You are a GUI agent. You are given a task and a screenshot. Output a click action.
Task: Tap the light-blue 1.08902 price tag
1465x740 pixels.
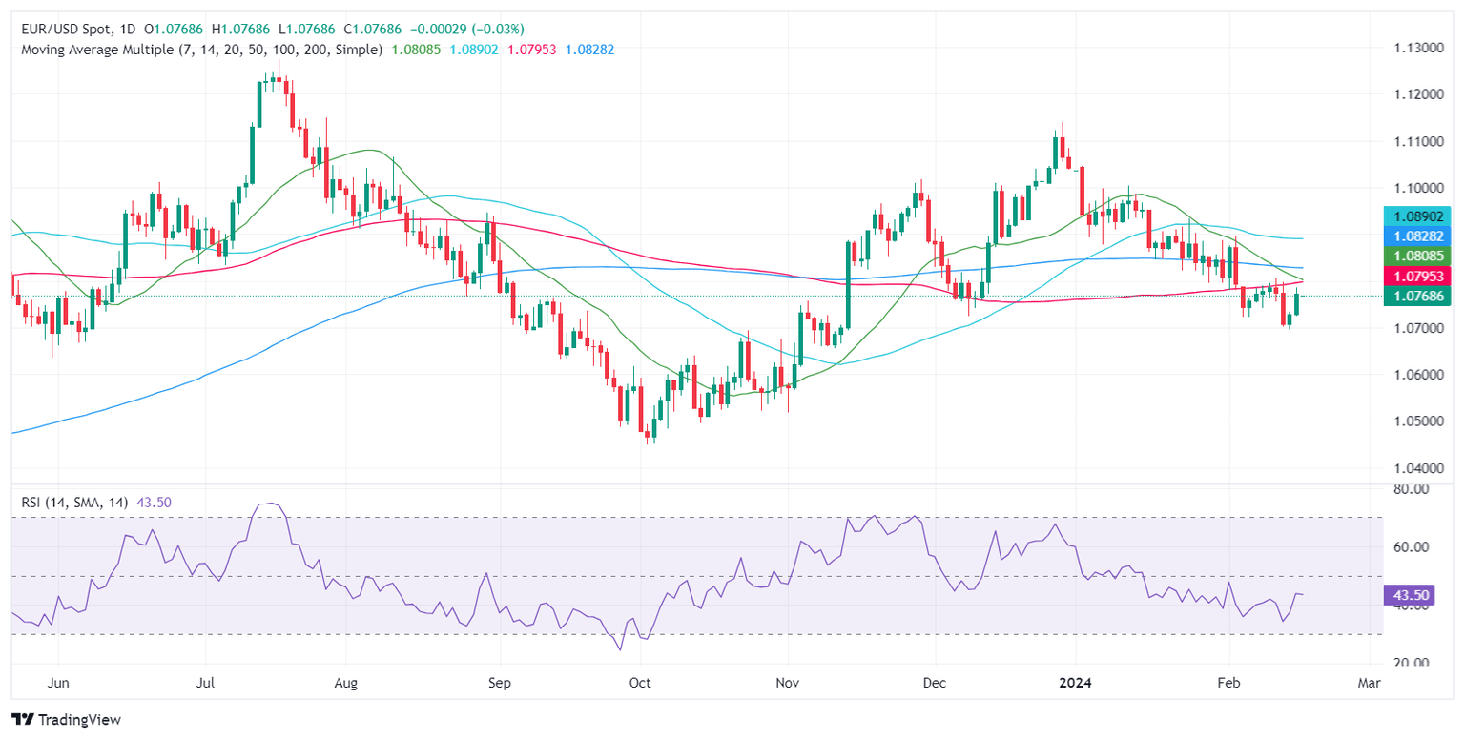pyautogui.click(x=1420, y=216)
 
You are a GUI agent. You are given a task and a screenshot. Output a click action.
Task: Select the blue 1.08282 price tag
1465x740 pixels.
pyautogui.click(x=1420, y=236)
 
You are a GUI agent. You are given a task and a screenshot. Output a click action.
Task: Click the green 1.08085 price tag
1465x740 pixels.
pyautogui.click(x=1420, y=256)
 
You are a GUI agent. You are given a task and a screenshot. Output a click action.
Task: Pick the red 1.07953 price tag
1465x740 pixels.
pyautogui.click(x=1420, y=276)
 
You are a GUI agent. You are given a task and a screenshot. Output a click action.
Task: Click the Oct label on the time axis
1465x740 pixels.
pyautogui.click(x=640, y=684)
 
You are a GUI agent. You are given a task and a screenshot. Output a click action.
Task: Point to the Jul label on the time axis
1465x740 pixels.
pyautogui.click(x=205, y=684)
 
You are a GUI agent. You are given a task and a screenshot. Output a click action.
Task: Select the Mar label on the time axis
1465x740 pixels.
pyautogui.click(x=1369, y=684)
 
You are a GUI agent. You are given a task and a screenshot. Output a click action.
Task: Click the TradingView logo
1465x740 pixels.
pyautogui.click(x=66, y=719)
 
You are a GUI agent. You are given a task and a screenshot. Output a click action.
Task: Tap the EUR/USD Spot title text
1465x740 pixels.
pyautogui.click(x=70, y=30)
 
